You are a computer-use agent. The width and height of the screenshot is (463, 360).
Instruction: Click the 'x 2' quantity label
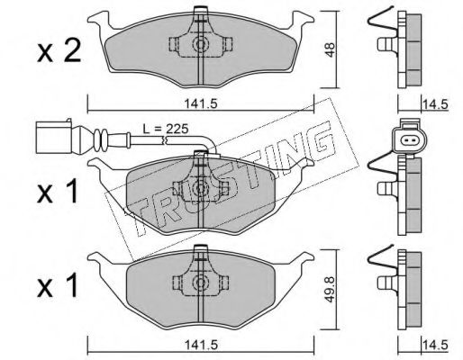(59, 51)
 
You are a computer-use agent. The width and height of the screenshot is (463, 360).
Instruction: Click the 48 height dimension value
(330, 49)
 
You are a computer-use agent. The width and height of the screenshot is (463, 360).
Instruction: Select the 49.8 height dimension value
(330, 289)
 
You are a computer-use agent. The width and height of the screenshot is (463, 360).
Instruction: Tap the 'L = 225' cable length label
(165, 129)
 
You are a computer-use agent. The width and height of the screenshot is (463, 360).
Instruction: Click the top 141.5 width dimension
(200, 104)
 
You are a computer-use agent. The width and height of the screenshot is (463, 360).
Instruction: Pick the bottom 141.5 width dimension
(200, 345)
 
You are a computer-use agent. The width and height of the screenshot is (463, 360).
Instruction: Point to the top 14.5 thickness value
(435, 104)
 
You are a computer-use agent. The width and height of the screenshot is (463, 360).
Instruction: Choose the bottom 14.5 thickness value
(435, 345)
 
